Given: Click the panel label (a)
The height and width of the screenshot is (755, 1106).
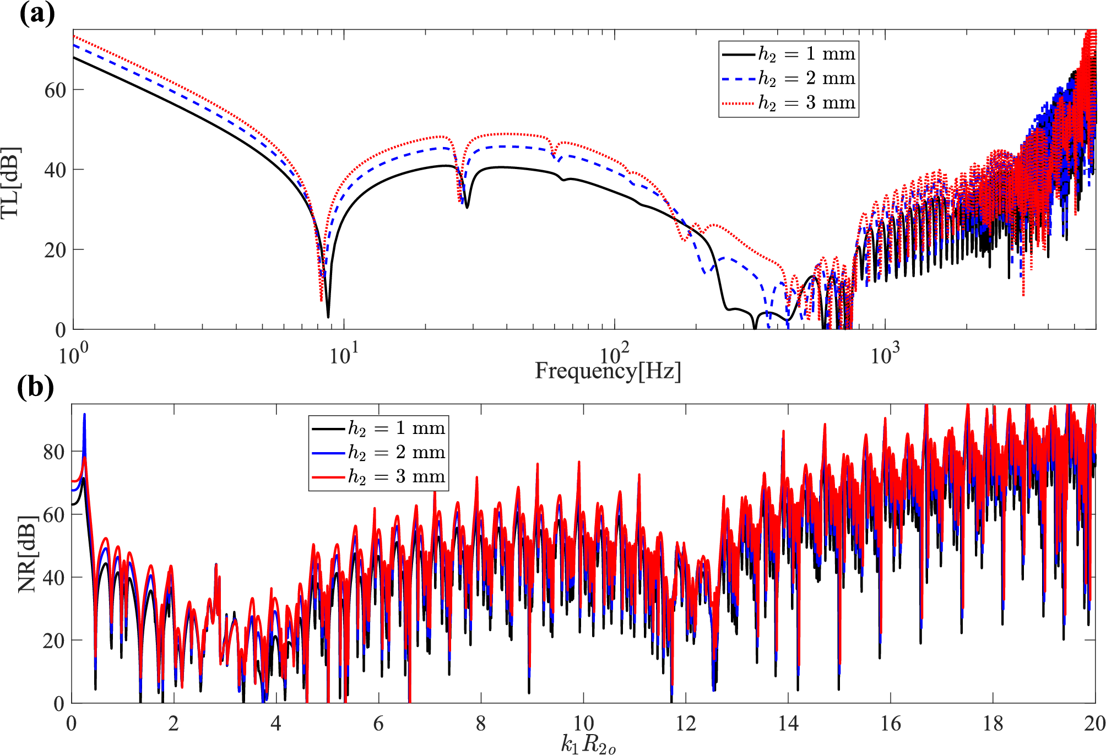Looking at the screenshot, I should click(37, 14).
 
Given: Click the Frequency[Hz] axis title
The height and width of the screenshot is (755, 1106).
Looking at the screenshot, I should click(608, 371).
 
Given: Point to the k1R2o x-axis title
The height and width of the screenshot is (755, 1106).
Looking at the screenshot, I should click(588, 744).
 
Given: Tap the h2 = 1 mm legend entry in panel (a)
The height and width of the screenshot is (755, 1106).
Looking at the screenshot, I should click(788, 54).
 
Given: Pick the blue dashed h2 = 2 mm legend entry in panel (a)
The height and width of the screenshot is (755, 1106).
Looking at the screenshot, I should click(788, 78).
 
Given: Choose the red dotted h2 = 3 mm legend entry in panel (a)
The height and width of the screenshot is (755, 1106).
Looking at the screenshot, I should click(788, 103).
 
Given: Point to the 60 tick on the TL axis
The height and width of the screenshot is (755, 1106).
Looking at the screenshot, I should click(55, 90).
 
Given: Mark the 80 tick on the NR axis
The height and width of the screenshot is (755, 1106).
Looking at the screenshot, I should click(54, 452).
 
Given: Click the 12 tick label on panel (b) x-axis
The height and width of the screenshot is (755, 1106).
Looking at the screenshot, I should click(686, 724).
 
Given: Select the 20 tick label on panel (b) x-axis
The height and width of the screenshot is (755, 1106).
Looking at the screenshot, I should click(1094, 724).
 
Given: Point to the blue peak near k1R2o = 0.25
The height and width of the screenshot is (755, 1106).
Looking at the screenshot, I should click(84, 415).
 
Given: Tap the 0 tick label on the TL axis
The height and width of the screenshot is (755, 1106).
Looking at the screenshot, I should click(61, 330).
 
